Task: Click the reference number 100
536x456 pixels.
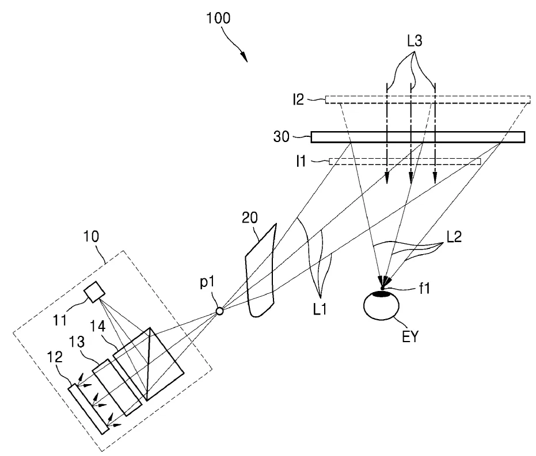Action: (x=218, y=18)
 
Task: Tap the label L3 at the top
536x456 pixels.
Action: (x=415, y=41)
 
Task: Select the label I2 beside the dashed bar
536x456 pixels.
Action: (x=298, y=99)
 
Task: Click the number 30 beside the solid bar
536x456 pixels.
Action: (x=282, y=136)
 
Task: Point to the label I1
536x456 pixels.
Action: (x=301, y=161)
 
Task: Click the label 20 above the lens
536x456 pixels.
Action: (x=249, y=217)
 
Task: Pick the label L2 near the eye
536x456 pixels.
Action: (x=454, y=236)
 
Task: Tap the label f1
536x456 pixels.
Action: (x=424, y=289)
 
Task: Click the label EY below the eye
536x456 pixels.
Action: (x=410, y=337)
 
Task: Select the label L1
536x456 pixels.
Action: (x=320, y=309)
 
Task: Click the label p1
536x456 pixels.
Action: (x=207, y=282)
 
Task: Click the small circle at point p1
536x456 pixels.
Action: (x=219, y=311)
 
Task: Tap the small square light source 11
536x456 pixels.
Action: (x=94, y=292)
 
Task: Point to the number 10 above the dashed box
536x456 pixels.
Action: (x=91, y=236)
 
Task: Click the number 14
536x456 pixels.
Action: (x=98, y=327)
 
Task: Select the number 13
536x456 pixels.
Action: (x=77, y=342)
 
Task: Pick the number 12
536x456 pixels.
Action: (x=55, y=357)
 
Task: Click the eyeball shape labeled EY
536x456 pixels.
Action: (x=381, y=305)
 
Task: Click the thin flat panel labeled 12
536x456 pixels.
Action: (x=89, y=409)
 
